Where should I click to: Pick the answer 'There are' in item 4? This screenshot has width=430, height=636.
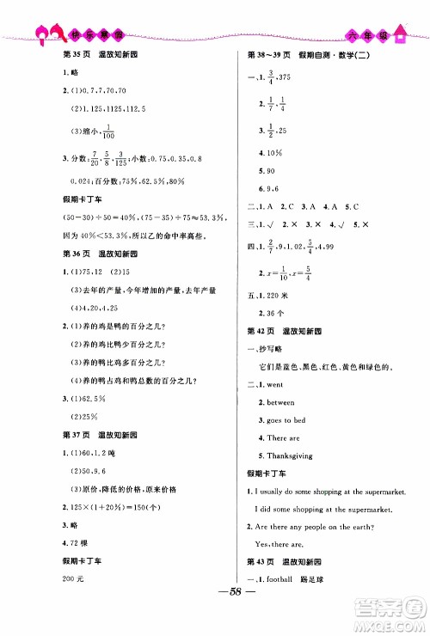tap(283, 438)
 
